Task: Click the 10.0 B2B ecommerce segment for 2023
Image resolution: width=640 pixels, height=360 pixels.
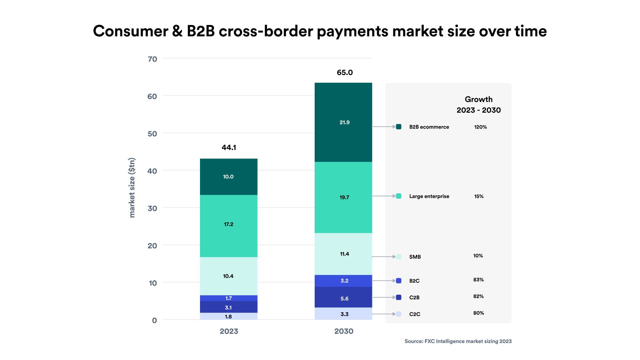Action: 228,177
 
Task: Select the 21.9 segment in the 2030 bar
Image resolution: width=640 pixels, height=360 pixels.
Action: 343,122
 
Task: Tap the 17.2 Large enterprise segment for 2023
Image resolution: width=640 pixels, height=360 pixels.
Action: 228,224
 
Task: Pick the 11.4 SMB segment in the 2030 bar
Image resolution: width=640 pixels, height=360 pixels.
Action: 343,254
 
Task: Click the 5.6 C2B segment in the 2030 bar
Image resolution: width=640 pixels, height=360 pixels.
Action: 343,299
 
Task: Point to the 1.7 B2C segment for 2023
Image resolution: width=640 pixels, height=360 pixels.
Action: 228,298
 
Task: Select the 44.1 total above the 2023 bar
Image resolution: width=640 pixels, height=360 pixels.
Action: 229,147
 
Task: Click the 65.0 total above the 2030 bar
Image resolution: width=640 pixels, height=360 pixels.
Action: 345,72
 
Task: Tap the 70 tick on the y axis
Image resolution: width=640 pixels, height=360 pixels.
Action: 152,59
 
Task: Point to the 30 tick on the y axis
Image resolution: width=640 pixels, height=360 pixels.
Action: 152,208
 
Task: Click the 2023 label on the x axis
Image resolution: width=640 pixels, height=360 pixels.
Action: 229,331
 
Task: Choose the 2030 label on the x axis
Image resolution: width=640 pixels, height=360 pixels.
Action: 344,331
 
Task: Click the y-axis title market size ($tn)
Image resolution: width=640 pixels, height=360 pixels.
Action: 132,188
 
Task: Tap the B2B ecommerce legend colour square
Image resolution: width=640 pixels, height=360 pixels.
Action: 399,127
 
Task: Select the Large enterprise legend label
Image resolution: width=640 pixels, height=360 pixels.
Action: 429,196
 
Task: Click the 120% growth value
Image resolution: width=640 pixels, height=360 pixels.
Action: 480,127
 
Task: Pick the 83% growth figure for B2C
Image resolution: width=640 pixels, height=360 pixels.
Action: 478,280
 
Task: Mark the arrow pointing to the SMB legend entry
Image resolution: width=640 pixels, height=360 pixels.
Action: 384,257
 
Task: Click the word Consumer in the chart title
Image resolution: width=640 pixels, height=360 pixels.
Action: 130,31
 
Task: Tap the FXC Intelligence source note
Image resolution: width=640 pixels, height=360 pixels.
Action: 458,341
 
